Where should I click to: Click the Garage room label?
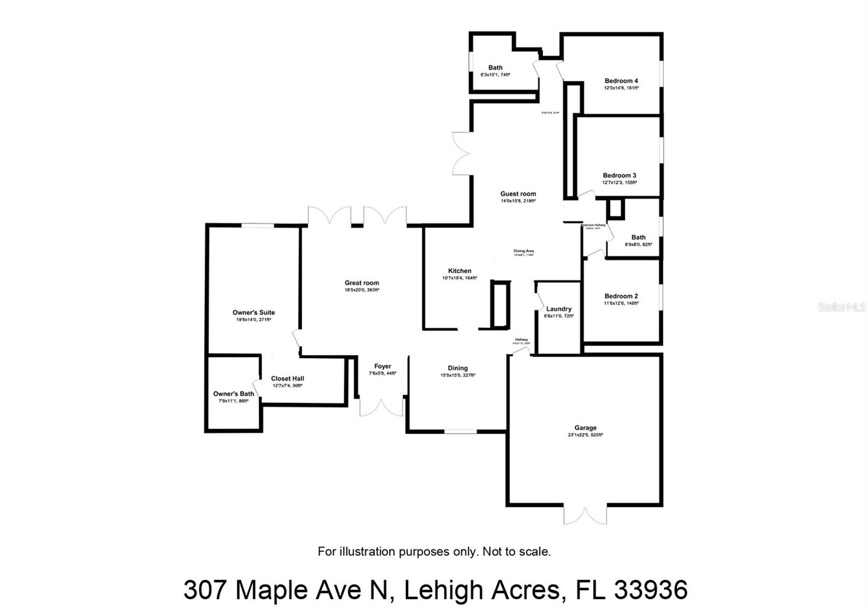pos(585,428)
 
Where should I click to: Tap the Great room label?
pos(362,283)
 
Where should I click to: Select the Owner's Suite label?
pos(253,312)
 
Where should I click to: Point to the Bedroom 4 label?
pos(621,81)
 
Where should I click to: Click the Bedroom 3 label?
pos(620,175)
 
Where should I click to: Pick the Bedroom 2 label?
pos(621,296)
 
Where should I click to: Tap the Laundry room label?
pos(559,309)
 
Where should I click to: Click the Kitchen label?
pos(459,271)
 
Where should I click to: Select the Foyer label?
pos(382,366)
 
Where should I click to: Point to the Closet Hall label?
pos(288,378)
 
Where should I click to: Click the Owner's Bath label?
pos(233,394)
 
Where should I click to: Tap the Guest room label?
pos(518,194)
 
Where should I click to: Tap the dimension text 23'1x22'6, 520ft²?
pos(585,435)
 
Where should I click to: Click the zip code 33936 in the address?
pos(650,590)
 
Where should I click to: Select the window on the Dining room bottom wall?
pos(461,432)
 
